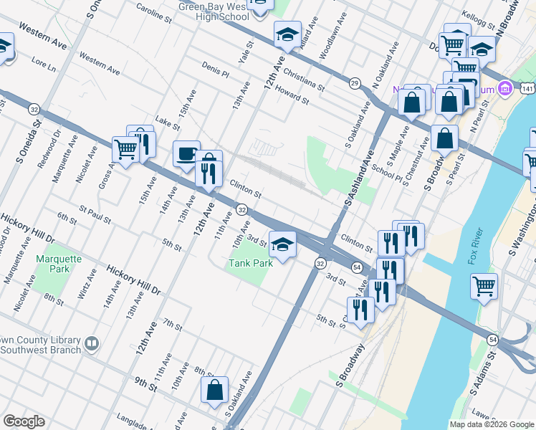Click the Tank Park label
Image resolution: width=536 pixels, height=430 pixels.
pos(251,263)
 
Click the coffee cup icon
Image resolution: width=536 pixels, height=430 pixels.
pos(186,153)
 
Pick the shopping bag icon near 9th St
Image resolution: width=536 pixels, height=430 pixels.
pos(214,390)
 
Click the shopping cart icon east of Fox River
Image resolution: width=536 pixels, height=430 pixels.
pos(484,286)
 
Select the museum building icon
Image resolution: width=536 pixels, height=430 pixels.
pos(505,88)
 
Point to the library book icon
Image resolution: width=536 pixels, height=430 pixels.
pos(91,344)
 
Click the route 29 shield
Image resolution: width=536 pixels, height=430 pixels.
pos(355,84)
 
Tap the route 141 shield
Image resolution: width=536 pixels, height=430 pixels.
pos(527,87)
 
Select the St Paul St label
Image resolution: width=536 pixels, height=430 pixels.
pos(95,214)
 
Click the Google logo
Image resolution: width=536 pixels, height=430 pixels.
pos(24,421)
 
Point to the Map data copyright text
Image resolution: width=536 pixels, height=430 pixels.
pos(492,424)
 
